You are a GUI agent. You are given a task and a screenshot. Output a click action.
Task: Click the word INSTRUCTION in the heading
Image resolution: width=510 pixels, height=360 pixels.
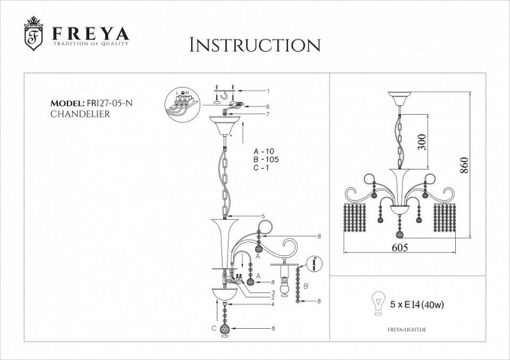pos(255,46)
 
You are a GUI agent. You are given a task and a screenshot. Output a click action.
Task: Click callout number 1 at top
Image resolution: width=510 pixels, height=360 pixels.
pos(268,91)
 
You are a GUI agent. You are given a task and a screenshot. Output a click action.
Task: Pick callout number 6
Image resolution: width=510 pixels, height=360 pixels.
pos(268,106)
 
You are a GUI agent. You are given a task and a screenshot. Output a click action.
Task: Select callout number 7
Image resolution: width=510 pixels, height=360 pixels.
pos(268,115)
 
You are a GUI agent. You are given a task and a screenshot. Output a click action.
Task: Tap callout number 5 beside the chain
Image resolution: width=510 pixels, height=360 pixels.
pos(262,217)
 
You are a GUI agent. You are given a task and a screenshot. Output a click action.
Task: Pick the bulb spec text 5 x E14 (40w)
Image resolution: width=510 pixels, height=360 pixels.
pos(418,305)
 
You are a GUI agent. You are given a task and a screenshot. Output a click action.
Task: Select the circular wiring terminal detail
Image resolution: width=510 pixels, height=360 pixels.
pos(184,101)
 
